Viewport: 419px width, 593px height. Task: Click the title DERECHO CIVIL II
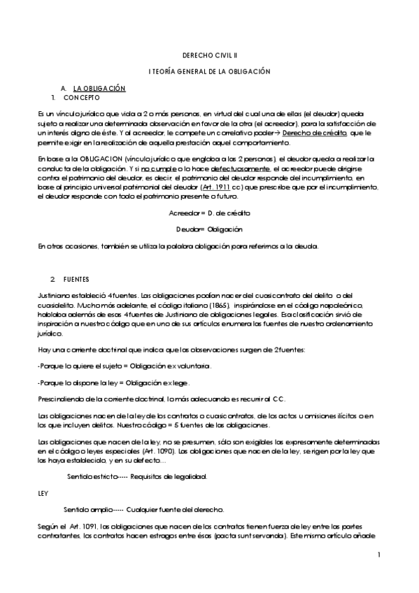click(209, 54)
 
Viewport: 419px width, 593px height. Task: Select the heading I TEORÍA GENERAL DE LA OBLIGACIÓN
click(209, 71)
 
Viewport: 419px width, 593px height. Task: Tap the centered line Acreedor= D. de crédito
click(209, 212)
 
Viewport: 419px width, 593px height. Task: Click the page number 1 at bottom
click(378, 555)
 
